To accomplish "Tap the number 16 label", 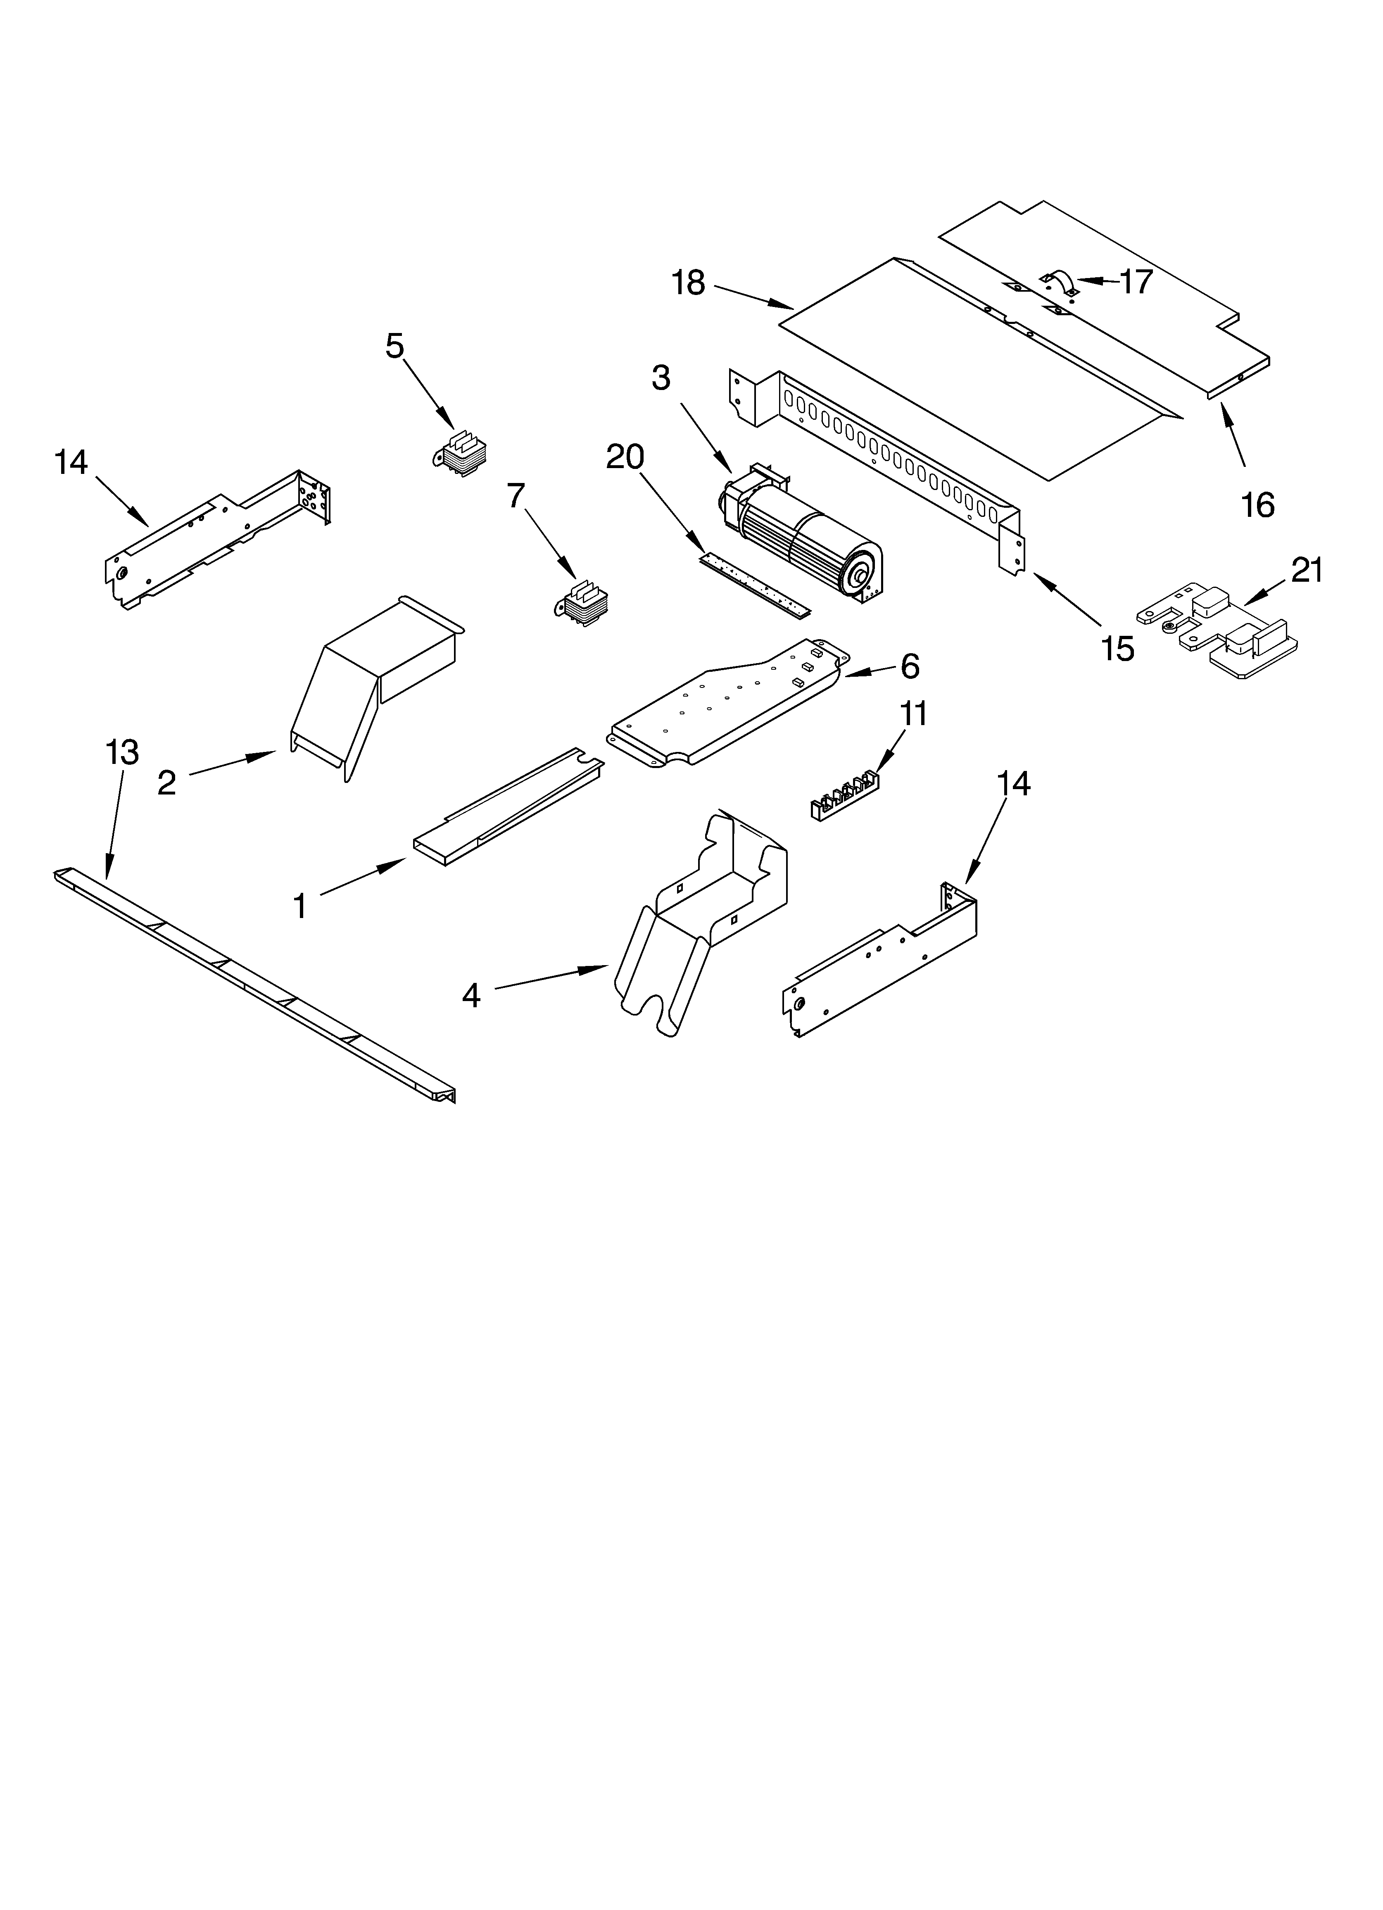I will click(x=1257, y=505).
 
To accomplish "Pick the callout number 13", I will click(x=122, y=752).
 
